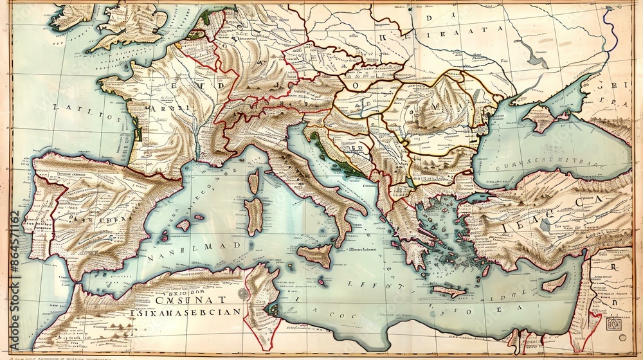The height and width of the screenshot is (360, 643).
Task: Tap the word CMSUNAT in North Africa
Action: pos(192,299)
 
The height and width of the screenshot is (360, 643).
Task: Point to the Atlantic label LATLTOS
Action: pos(83,107)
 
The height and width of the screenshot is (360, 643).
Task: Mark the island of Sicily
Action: pos(315,255)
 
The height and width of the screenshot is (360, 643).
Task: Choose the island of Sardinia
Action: pos(254,215)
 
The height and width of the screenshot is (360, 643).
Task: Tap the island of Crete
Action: pos(448,291)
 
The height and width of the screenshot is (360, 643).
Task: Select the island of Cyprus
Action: pos(554,282)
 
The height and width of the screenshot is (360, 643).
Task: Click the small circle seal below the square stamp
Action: pos(621,337)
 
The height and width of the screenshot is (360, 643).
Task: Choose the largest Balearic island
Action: pos(184,225)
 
